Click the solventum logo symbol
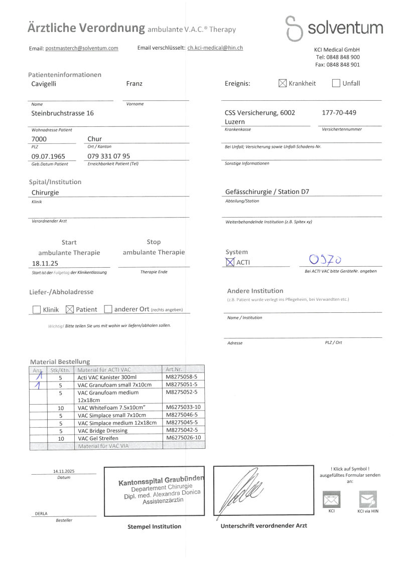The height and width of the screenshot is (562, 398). [294, 29]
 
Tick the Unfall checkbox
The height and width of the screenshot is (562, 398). [336, 83]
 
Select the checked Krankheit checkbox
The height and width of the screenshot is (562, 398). [283, 83]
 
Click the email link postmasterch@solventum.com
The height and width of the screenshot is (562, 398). [81, 48]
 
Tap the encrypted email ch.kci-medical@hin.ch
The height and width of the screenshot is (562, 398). [215, 48]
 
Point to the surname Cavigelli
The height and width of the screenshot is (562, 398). [44, 84]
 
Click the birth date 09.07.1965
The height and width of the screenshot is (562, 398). [48, 156]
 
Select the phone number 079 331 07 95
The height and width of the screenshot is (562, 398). [108, 156]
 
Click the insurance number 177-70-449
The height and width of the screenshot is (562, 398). [338, 113]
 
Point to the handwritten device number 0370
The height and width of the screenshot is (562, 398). [326, 260]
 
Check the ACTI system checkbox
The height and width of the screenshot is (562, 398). [230, 262]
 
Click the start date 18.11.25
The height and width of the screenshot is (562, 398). [45, 263]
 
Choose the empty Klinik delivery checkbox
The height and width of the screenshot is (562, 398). [37, 310]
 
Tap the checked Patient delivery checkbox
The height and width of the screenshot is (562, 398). [70, 310]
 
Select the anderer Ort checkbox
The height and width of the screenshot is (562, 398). [108, 310]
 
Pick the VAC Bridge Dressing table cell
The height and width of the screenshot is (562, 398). [103, 430]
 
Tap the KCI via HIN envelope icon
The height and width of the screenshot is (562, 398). [367, 499]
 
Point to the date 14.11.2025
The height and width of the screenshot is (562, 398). [63, 471]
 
